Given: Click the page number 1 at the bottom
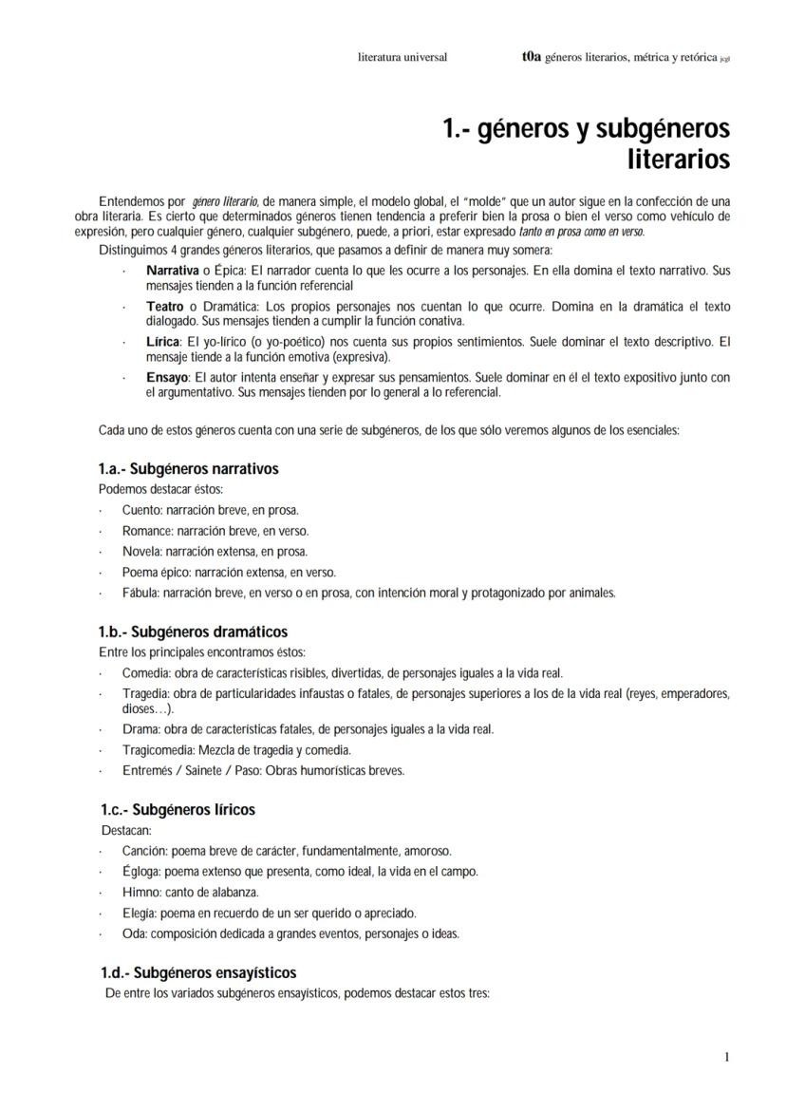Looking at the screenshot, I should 726,1057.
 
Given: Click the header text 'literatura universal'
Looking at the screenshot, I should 402,57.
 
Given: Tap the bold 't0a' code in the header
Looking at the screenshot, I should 531,57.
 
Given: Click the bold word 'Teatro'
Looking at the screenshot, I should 165,308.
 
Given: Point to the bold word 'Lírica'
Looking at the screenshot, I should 162,341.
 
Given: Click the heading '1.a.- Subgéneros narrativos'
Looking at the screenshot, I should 188,469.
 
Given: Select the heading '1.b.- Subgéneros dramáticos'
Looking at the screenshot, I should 193,631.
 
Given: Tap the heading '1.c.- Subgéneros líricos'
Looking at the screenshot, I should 178,810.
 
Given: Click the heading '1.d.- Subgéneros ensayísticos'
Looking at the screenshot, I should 198,972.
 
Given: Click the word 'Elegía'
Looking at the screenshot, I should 140,913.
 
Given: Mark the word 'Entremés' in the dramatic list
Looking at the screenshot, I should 146,770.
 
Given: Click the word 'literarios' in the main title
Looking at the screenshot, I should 678,160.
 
